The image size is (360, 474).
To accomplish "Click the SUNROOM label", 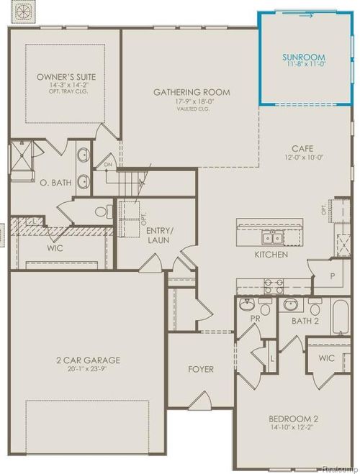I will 304,56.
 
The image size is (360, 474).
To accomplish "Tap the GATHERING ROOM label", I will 192,92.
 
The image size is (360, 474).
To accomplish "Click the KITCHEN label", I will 271,255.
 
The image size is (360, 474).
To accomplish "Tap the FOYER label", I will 201,369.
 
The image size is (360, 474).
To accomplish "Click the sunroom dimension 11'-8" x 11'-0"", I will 304,65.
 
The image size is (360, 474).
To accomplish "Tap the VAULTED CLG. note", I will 192,110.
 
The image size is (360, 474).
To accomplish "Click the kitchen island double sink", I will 271,237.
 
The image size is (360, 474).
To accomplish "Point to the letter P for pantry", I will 333,276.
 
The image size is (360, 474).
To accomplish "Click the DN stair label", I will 109,165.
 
